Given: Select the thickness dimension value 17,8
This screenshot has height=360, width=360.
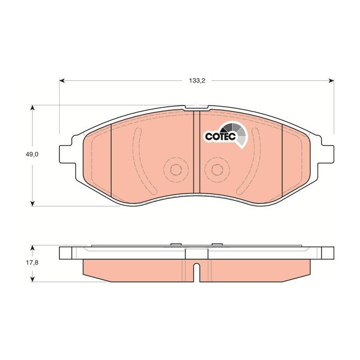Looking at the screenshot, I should (33, 262).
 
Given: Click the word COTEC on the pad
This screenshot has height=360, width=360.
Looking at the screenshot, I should (221, 136).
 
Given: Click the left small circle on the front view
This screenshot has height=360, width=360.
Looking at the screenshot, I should (174, 170).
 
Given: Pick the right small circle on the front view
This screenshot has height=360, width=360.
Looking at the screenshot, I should (217, 170).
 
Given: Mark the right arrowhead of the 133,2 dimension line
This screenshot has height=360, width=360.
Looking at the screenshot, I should (330, 81).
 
